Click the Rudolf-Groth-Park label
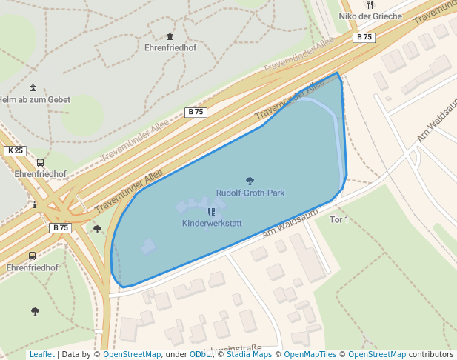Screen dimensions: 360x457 250,193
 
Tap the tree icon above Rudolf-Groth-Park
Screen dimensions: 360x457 250,180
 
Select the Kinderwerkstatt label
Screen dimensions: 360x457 211,223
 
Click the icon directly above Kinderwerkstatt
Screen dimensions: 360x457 211,211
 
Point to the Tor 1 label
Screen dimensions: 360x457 338,220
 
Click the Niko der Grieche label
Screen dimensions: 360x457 370,16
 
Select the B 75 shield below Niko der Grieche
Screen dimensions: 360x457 364,37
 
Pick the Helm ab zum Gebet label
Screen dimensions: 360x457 33,99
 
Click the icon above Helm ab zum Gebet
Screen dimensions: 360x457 33,87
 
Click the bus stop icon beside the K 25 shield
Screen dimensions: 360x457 40,162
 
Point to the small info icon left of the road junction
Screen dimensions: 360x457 34,204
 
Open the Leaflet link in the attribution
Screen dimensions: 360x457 41,355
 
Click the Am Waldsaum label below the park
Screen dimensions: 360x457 290,223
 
